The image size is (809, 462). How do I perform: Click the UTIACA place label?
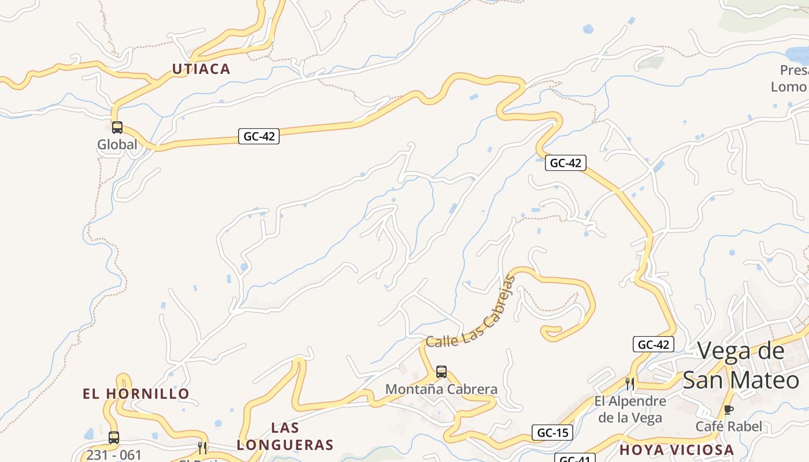point(201,69)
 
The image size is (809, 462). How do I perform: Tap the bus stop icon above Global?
point(117,128)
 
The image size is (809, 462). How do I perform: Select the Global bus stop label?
point(117,144)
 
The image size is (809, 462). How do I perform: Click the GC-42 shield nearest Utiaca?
point(258,137)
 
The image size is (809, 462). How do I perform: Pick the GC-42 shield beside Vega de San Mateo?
point(654,345)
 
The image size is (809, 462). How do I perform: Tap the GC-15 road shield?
point(552,433)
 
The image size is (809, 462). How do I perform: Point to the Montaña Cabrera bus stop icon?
point(441,372)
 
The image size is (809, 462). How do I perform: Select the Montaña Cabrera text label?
point(441,389)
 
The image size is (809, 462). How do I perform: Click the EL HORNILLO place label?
point(136,394)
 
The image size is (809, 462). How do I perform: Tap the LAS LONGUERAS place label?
point(285,436)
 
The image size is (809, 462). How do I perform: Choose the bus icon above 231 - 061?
point(114,438)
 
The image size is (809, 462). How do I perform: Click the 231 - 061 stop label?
point(114,455)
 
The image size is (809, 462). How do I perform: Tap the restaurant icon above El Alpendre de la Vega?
point(630,383)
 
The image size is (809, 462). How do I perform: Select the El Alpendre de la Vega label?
point(630,409)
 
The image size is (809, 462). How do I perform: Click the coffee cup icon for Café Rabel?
point(729,410)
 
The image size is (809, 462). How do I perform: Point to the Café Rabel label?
point(729,427)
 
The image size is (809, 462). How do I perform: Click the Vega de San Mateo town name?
point(741,366)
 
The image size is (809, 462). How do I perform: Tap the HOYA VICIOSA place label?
point(677,450)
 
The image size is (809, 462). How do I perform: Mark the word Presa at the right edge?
point(794,70)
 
